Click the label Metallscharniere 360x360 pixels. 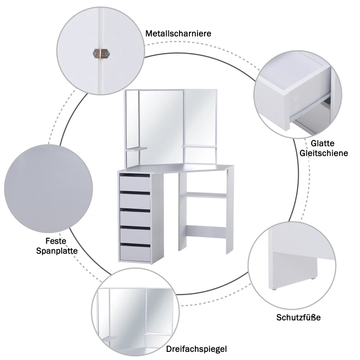[x=178, y=34]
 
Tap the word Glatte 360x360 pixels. [x=322, y=144]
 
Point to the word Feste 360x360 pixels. [x=56, y=241]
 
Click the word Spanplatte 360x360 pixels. [x=57, y=251]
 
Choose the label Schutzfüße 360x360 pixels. [x=298, y=318]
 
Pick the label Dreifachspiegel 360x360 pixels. [x=196, y=349]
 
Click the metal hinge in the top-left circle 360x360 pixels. [x=101, y=54]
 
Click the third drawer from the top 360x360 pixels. [x=135, y=217]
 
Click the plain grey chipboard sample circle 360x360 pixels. [x=48, y=188]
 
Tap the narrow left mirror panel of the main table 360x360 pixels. [x=131, y=126]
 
